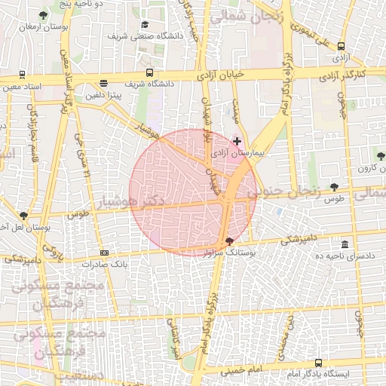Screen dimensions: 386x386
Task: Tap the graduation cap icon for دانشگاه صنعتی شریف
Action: point(145,24)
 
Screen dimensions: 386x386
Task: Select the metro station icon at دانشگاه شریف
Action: point(150,73)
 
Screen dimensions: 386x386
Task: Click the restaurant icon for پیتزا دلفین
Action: point(103,84)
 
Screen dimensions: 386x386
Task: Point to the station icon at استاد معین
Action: point(22,75)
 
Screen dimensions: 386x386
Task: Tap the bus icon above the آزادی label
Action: point(342,46)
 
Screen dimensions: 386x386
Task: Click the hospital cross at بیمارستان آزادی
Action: point(237,141)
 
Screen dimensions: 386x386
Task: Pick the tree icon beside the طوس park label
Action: point(334,187)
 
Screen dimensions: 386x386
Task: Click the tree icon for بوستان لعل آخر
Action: point(24,215)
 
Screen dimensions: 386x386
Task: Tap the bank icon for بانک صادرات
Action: point(104,253)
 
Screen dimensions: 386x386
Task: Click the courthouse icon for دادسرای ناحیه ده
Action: point(345,244)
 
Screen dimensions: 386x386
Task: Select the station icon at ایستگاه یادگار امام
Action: point(317,363)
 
